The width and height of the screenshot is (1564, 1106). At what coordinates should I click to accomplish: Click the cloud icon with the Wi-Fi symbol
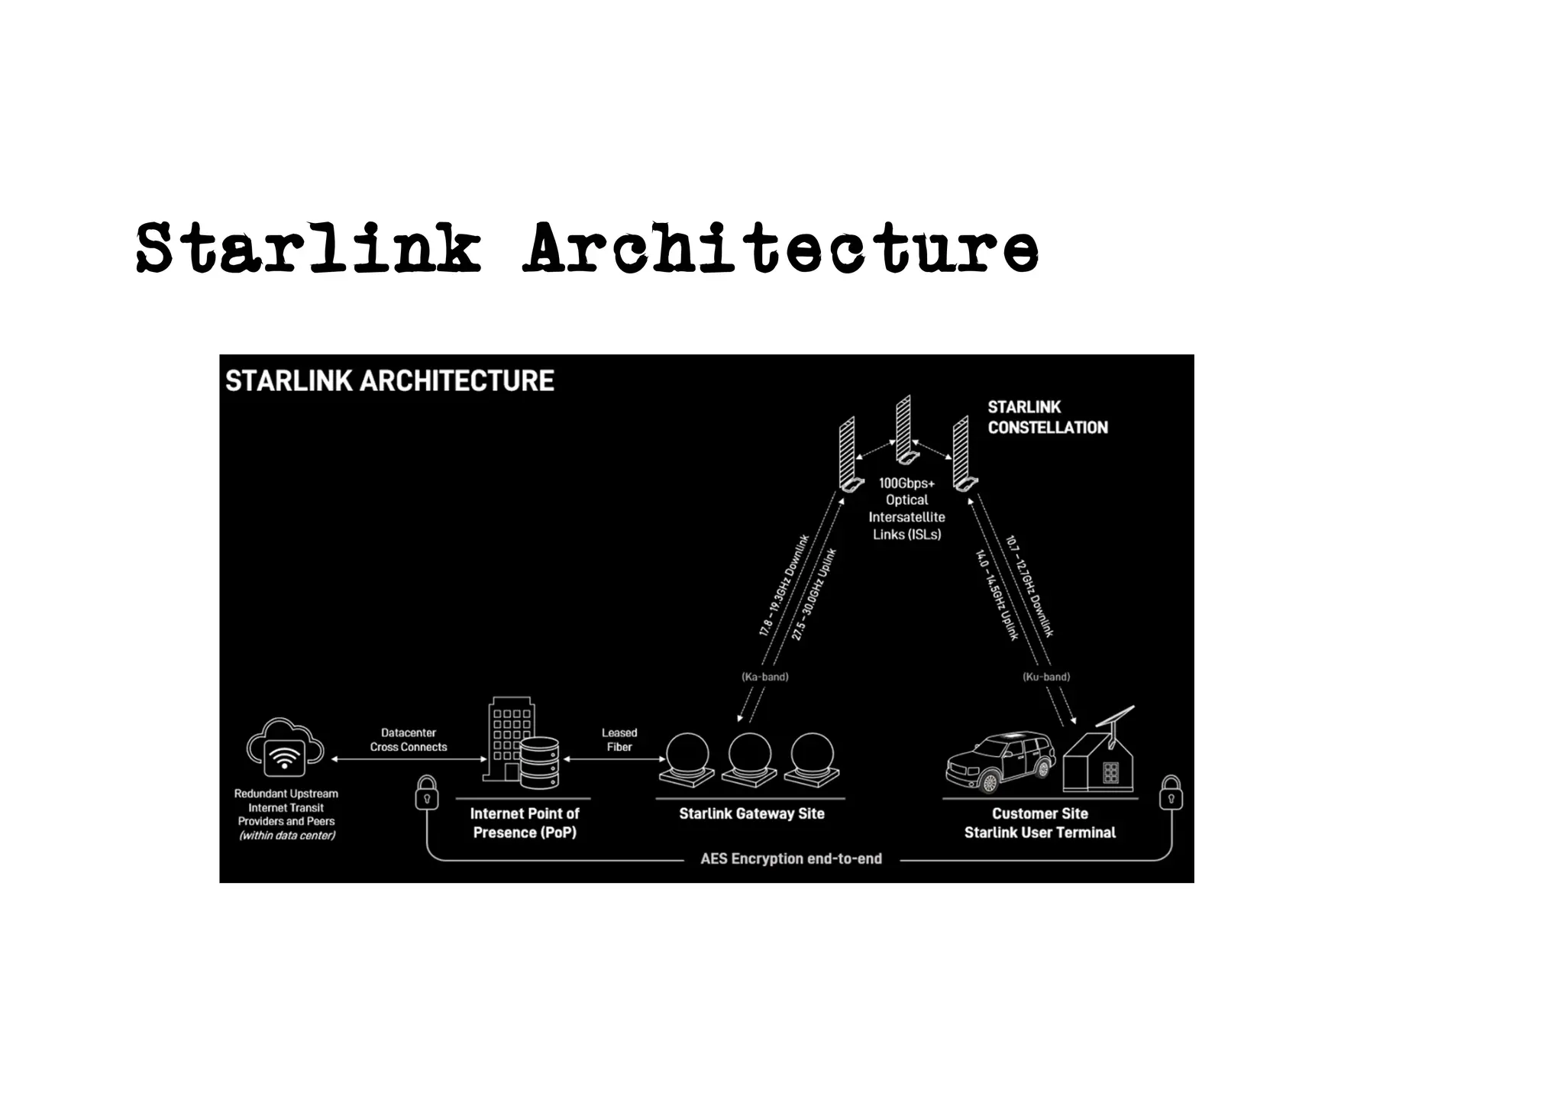coord(285,748)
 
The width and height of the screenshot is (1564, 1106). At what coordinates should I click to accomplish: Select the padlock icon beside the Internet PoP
coord(426,794)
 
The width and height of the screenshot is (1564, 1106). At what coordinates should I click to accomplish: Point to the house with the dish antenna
coord(1100,760)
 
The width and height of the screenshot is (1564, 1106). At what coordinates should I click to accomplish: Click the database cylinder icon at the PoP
coord(539,763)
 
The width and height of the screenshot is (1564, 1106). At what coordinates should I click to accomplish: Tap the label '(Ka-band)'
coord(764,677)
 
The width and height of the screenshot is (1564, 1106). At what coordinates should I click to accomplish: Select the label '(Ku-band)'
coord(1045,677)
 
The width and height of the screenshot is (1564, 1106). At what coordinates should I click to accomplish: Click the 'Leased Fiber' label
coord(619,739)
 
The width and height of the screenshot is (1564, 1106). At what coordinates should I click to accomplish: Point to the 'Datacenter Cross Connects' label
coord(409,739)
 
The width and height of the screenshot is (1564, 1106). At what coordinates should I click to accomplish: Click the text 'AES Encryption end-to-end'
coord(791,859)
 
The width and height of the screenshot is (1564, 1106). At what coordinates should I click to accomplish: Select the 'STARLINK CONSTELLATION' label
coord(1047,417)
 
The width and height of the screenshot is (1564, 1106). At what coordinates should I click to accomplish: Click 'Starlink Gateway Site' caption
coord(751,813)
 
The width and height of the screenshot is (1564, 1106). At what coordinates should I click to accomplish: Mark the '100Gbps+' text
coord(906,483)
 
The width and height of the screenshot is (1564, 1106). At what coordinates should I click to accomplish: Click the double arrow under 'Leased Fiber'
coord(615,759)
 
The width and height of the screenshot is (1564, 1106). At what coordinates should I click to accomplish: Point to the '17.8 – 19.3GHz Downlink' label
coord(784,585)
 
